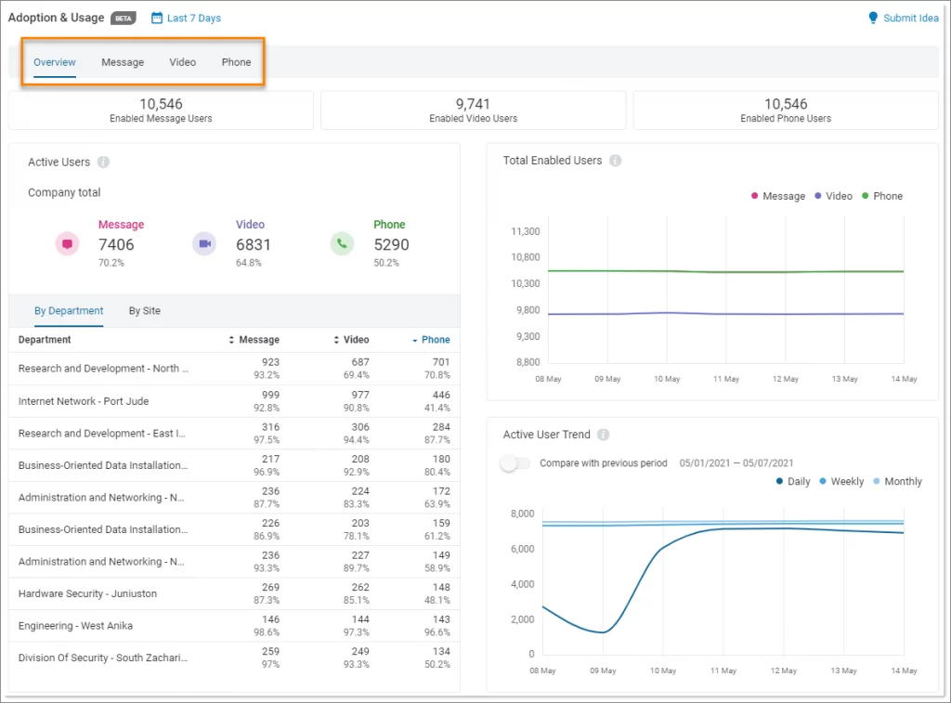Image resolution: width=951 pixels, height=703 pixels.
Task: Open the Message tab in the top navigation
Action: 123,62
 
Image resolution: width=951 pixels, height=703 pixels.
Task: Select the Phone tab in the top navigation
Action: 236,62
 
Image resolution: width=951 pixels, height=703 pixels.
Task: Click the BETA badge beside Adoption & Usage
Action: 124,18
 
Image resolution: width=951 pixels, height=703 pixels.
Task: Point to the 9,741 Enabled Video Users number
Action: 473,104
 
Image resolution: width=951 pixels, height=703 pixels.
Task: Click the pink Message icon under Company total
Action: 67,243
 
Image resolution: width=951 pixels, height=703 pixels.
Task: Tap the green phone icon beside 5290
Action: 342,243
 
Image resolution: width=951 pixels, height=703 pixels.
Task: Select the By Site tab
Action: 145,311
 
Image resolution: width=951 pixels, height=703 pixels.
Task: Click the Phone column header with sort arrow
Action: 431,340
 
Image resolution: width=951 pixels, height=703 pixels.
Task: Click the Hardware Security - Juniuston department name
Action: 87,593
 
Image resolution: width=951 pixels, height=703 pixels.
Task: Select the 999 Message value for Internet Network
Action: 269,395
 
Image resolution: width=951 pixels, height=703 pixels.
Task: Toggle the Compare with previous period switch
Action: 515,463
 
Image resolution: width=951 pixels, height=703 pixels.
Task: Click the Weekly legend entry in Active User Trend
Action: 841,481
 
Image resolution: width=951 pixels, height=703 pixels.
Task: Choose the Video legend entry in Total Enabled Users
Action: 833,196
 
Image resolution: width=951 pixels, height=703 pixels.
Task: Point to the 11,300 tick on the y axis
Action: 526,231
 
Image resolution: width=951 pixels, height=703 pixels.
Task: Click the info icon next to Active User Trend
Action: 604,435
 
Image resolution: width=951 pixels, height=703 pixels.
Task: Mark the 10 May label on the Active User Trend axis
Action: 663,670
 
